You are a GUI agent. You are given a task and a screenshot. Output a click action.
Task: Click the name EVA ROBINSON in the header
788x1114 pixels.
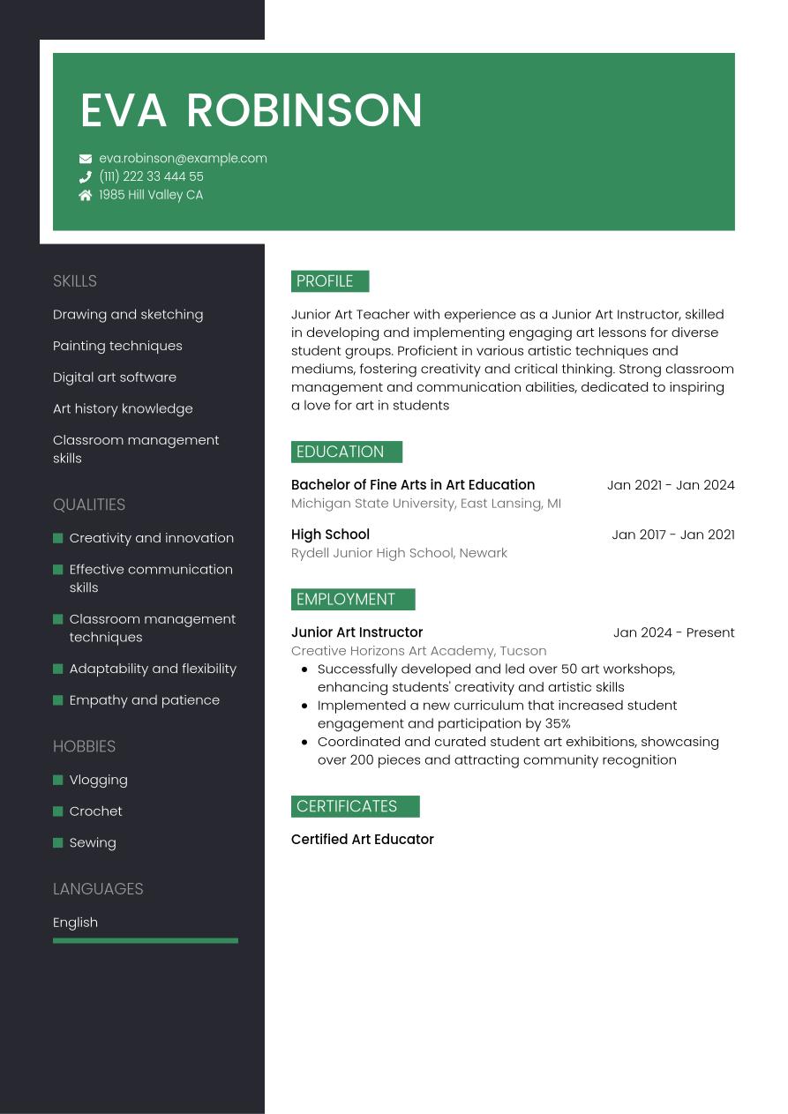point(251,110)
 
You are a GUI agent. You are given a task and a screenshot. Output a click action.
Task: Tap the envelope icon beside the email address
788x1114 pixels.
point(86,159)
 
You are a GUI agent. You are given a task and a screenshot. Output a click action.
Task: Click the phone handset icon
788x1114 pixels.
point(86,177)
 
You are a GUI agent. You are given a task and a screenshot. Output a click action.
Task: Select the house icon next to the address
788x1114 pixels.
point(86,196)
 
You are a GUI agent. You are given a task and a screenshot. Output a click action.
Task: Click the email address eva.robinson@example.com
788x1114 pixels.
point(183,159)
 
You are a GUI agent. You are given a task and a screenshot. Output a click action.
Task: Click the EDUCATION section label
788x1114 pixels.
point(346,452)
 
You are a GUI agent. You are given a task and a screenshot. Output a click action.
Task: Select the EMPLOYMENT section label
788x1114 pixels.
point(352,600)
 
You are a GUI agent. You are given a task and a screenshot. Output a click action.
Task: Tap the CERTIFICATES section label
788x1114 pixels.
point(355,806)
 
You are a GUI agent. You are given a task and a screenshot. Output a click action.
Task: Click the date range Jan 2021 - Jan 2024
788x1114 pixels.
point(671,485)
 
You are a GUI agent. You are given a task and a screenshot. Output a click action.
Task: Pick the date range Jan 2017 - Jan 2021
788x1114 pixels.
point(672,535)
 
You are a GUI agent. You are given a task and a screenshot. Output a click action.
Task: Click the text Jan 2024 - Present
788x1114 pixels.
point(673,632)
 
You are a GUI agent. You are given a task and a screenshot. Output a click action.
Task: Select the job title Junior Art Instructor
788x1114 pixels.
point(356,632)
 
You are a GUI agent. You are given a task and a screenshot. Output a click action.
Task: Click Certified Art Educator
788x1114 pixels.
point(362,840)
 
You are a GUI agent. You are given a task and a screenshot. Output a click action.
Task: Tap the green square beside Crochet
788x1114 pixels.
point(58,811)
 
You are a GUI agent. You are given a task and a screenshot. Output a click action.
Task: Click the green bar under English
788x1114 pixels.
point(146,941)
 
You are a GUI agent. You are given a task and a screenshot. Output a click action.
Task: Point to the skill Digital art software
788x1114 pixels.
point(115,378)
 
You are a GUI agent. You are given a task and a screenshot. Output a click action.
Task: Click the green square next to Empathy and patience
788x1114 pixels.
point(58,700)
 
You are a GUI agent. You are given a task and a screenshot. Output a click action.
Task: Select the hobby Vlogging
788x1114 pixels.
point(99,780)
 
